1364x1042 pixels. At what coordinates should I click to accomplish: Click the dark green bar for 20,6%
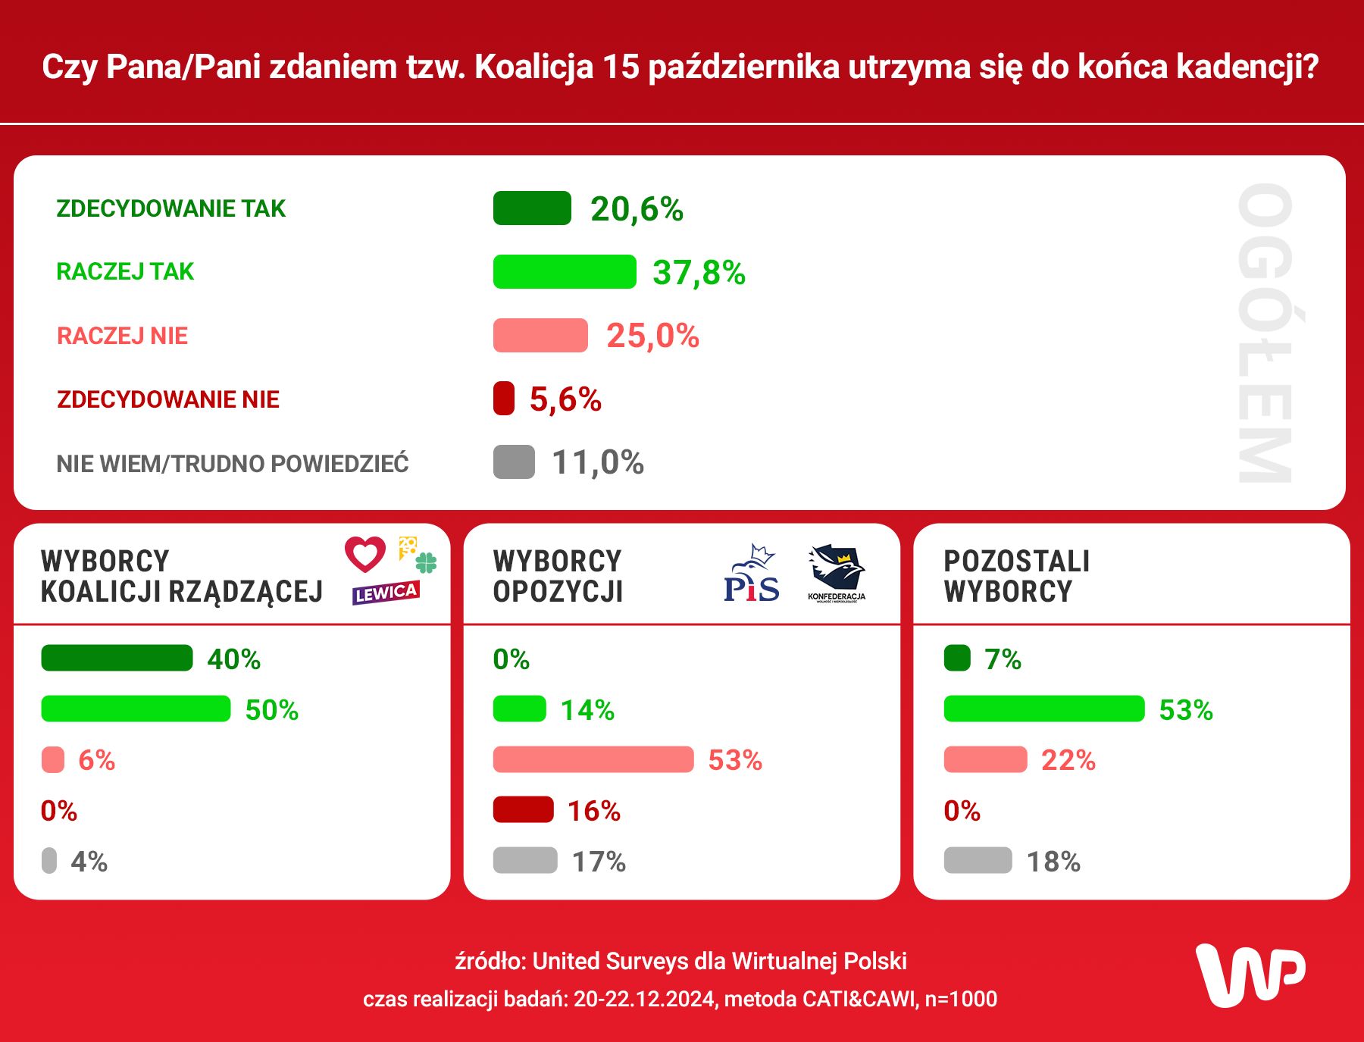click(532, 208)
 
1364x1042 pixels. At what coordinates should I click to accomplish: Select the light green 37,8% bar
click(565, 272)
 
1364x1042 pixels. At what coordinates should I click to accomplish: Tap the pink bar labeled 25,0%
click(540, 336)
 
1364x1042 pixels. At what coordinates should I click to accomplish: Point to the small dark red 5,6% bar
click(504, 399)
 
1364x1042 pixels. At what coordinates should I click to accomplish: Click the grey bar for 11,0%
click(514, 462)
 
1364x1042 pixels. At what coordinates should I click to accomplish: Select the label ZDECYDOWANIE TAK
click(171, 208)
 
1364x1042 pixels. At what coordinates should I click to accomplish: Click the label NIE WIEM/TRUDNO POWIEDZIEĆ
click(233, 464)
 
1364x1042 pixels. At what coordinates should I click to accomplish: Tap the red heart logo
click(365, 554)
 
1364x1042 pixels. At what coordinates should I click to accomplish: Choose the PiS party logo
click(751, 574)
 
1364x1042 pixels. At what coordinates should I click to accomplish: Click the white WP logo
click(1250, 975)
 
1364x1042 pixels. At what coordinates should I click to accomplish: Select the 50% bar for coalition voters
click(136, 709)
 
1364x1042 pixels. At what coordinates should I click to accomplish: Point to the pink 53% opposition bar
click(593, 759)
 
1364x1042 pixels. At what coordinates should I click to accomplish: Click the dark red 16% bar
click(523, 810)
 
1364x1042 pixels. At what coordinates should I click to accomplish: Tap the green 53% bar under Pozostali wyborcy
click(1044, 709)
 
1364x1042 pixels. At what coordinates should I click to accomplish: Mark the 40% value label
click(234, 659)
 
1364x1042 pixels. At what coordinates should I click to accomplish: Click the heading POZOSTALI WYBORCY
click(1016, 576)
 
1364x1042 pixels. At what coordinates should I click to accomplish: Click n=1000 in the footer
click(961, 1000)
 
